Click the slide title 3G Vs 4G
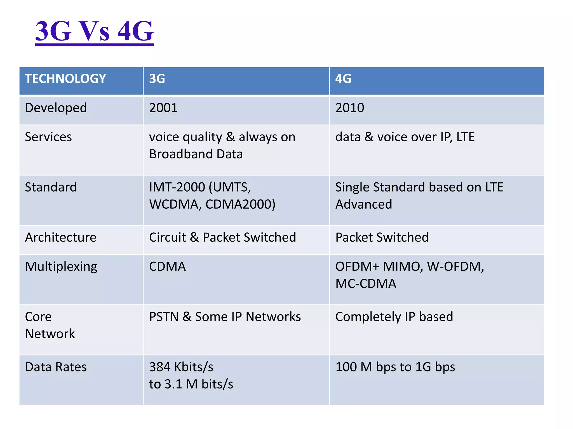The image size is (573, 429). [94, 31]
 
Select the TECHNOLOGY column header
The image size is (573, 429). [65, 79]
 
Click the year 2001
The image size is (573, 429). [163, 108]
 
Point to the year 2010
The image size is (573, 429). [350, 108]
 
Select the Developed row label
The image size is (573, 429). [56, 108]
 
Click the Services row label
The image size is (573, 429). [48, 137]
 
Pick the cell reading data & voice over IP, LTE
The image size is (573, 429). [405, 137]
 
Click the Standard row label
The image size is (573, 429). [51, 187]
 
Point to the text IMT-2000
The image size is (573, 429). [177, 187]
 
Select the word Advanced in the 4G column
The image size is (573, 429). [364, 204]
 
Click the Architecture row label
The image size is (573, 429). [61, 237]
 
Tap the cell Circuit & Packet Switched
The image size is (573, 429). [222, 237]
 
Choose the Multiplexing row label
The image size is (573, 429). [61, 267]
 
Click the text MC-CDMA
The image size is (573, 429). [366, 284]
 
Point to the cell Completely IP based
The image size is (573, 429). [394, 317]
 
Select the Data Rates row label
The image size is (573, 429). [56, 367]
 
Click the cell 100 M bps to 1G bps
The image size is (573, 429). [395, 367]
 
